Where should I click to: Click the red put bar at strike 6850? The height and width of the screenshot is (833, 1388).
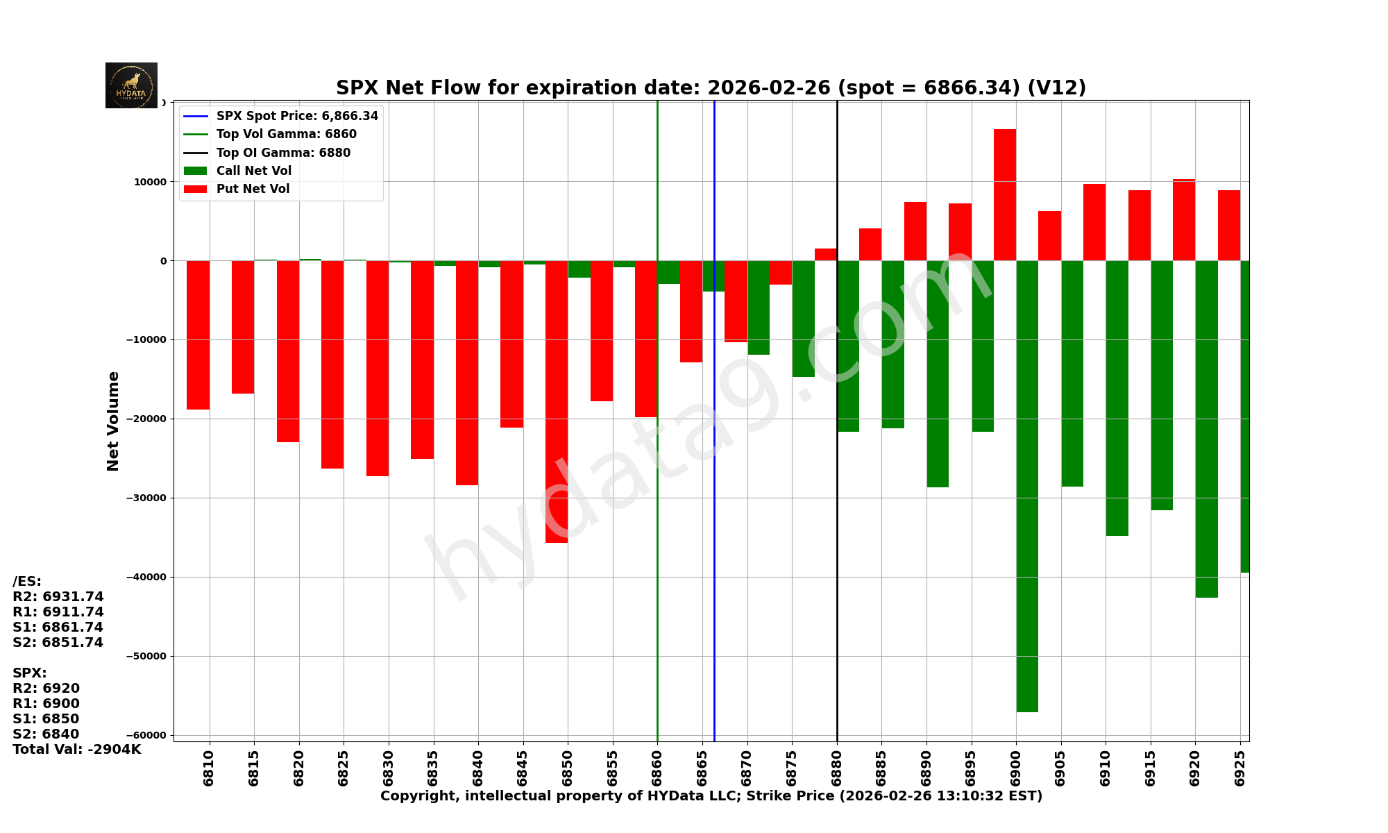click(557, 401)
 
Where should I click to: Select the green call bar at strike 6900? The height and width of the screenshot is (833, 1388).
click(1027, 486)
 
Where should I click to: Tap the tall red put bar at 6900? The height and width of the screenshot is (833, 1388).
click(1005, 194)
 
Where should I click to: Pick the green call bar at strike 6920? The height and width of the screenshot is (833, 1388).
click(1206, 429)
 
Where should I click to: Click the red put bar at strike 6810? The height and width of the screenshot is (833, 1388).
click(198, 335)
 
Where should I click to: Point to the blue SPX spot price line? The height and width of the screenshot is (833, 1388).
click(714, 486)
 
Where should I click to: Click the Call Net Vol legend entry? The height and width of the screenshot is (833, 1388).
click(253, 171)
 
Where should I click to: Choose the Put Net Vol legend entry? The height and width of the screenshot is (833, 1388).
click(253, 189)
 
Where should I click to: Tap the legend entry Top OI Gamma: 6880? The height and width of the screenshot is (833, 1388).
click(283, 153)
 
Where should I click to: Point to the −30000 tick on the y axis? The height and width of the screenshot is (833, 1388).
click(146, 498)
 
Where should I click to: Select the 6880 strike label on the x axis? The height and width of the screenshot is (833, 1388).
click(836, 767)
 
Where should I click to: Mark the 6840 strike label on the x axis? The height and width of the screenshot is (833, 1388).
click(478, 767)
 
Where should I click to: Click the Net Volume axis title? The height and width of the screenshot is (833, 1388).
click(113, 421)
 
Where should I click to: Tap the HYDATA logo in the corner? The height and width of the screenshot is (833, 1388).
click(131, 85)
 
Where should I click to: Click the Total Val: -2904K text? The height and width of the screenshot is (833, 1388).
click(77, 750)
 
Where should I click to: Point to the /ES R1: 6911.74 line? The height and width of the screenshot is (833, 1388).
click(58, 612)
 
